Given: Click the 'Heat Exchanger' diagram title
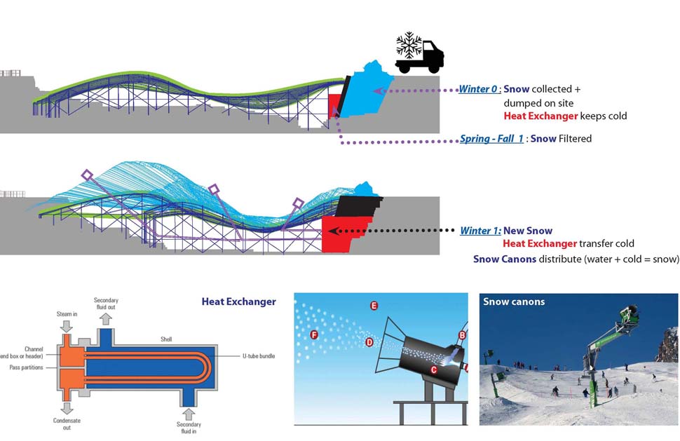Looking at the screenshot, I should pos(238,301).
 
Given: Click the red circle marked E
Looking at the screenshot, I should pos(374,306).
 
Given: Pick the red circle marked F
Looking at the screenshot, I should pos(313,335).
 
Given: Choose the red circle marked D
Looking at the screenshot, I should pos(369,342).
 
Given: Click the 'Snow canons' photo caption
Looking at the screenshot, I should pos(514,302).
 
